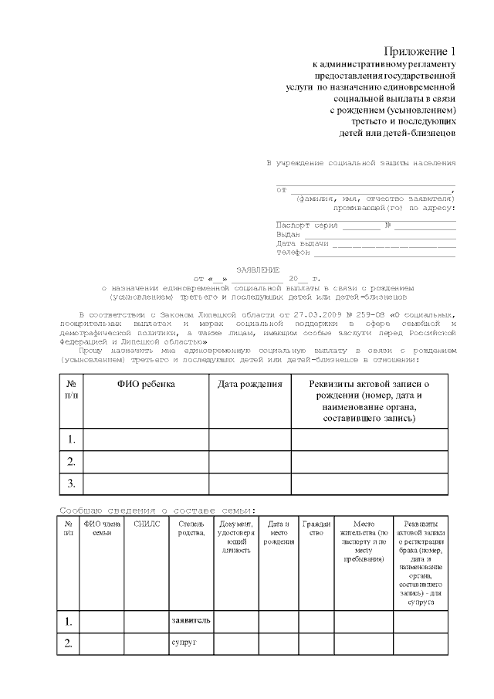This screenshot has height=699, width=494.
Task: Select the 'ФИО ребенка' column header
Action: tap(146, 384)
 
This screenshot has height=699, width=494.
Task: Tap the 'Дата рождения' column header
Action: tap(249, 384)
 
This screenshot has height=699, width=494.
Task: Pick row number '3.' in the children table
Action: tap(71, 484)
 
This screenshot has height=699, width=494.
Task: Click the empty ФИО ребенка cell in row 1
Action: tap(146, 439)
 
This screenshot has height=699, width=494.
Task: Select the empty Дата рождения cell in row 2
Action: tap(249, 462)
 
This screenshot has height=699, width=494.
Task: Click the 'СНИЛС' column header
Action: tap(146, 524)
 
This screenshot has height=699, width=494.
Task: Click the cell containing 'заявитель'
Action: tap(191, 621)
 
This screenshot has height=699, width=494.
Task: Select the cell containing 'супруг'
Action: tap(191, 643)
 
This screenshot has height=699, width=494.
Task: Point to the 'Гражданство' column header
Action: tap(316, 528)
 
